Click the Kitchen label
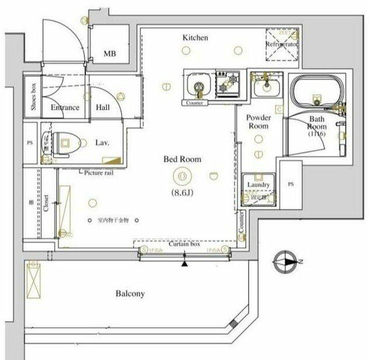pyautogui.click(x=195, y=37)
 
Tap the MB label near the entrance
pyautogui.click(x=109, y=54)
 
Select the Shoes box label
pyautogui.click(x=33, y=96)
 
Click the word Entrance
pyautogui.click(x=64, y=108)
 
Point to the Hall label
pyautogui.click(x=103, y=108)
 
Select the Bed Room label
pyautogui.click(x=182, y=158)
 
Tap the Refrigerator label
pyautogui.click(x=282, y=44)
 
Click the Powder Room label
pyautogui.click(x=258, y=122)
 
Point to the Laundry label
pyautogui.click(x=258, y=185)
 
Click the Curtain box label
pyautogui.click(x=185, y=244)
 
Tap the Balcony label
pyautogui.click(x=130, y=294)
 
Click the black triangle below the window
pyautogui.click(x=185, y=264)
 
